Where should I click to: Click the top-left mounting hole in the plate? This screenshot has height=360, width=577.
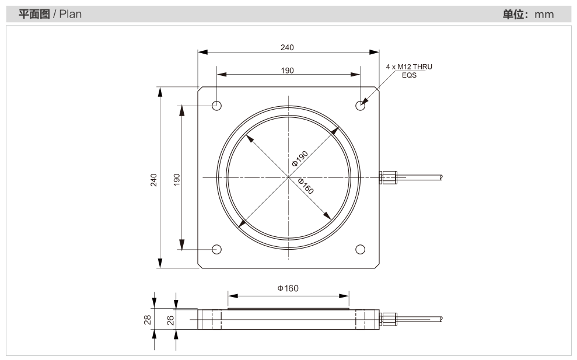(x=217, y=106)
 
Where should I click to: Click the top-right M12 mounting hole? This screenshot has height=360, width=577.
(x=360, y=106)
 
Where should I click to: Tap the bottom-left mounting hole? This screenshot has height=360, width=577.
(x=217, y=249)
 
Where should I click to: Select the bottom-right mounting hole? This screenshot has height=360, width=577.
(x=360, y=249)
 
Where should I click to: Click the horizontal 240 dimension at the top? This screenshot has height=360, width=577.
(x=287, y=47)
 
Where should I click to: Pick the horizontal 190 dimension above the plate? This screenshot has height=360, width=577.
(x=288, y=71)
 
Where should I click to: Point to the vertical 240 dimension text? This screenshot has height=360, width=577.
(x=153, y=180)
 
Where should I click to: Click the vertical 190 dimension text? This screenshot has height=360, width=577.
(x=177, y=180)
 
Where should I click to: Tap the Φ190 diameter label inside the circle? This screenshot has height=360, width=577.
(x=300, y=159)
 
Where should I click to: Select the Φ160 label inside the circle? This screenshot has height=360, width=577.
(x=306, y=186)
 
